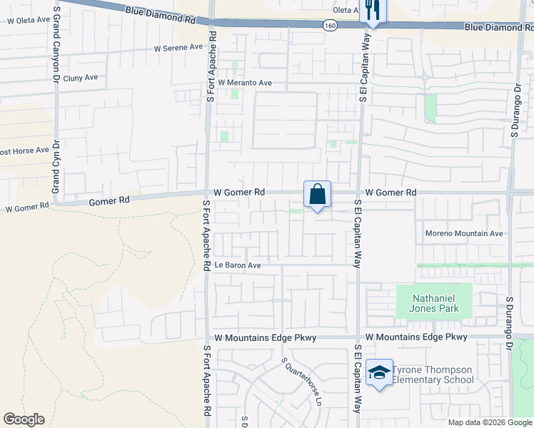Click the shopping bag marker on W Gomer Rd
(318, 194)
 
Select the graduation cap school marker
(379, 372)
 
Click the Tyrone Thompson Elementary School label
(432, 374)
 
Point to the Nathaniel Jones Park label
(434, 303)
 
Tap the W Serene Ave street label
(178, 48)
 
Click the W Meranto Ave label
(245, 83)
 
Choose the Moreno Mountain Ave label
(464, 233)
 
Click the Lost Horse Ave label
(24, 151)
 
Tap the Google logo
(24, 419)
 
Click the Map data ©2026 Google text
(490, 422)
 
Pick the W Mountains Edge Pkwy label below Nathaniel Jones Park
(416, 337)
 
